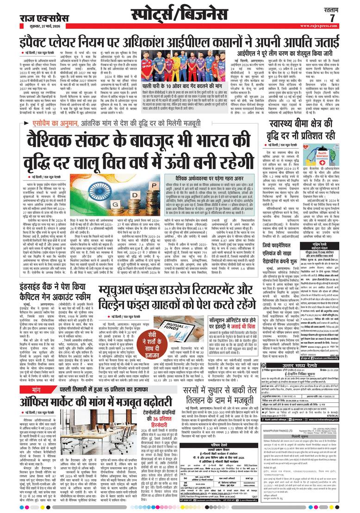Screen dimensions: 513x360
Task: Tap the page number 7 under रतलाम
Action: [x=332, y=18]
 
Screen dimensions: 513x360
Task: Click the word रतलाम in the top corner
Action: [x=333, y=8]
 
